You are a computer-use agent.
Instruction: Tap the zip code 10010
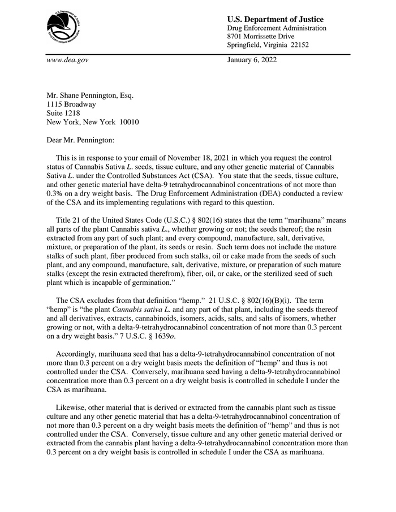pyautogui.click(x=127, y=122)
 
